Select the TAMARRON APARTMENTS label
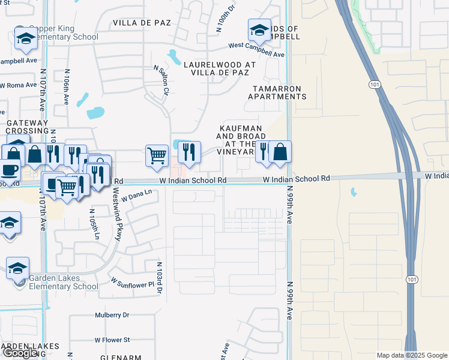(278, 92)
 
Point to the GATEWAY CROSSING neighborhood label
(27, 127)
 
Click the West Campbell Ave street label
(256, 50)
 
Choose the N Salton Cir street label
(160, 80)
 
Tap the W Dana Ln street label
(137, 196)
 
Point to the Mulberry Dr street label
(112, 315)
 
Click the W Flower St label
(112, 340)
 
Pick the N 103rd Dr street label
(160, 277)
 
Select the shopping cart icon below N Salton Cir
(157, 155)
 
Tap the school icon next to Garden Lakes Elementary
(17, 268)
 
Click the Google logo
(20, 353)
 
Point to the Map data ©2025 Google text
(412, 355)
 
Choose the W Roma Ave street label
(18, 85)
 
